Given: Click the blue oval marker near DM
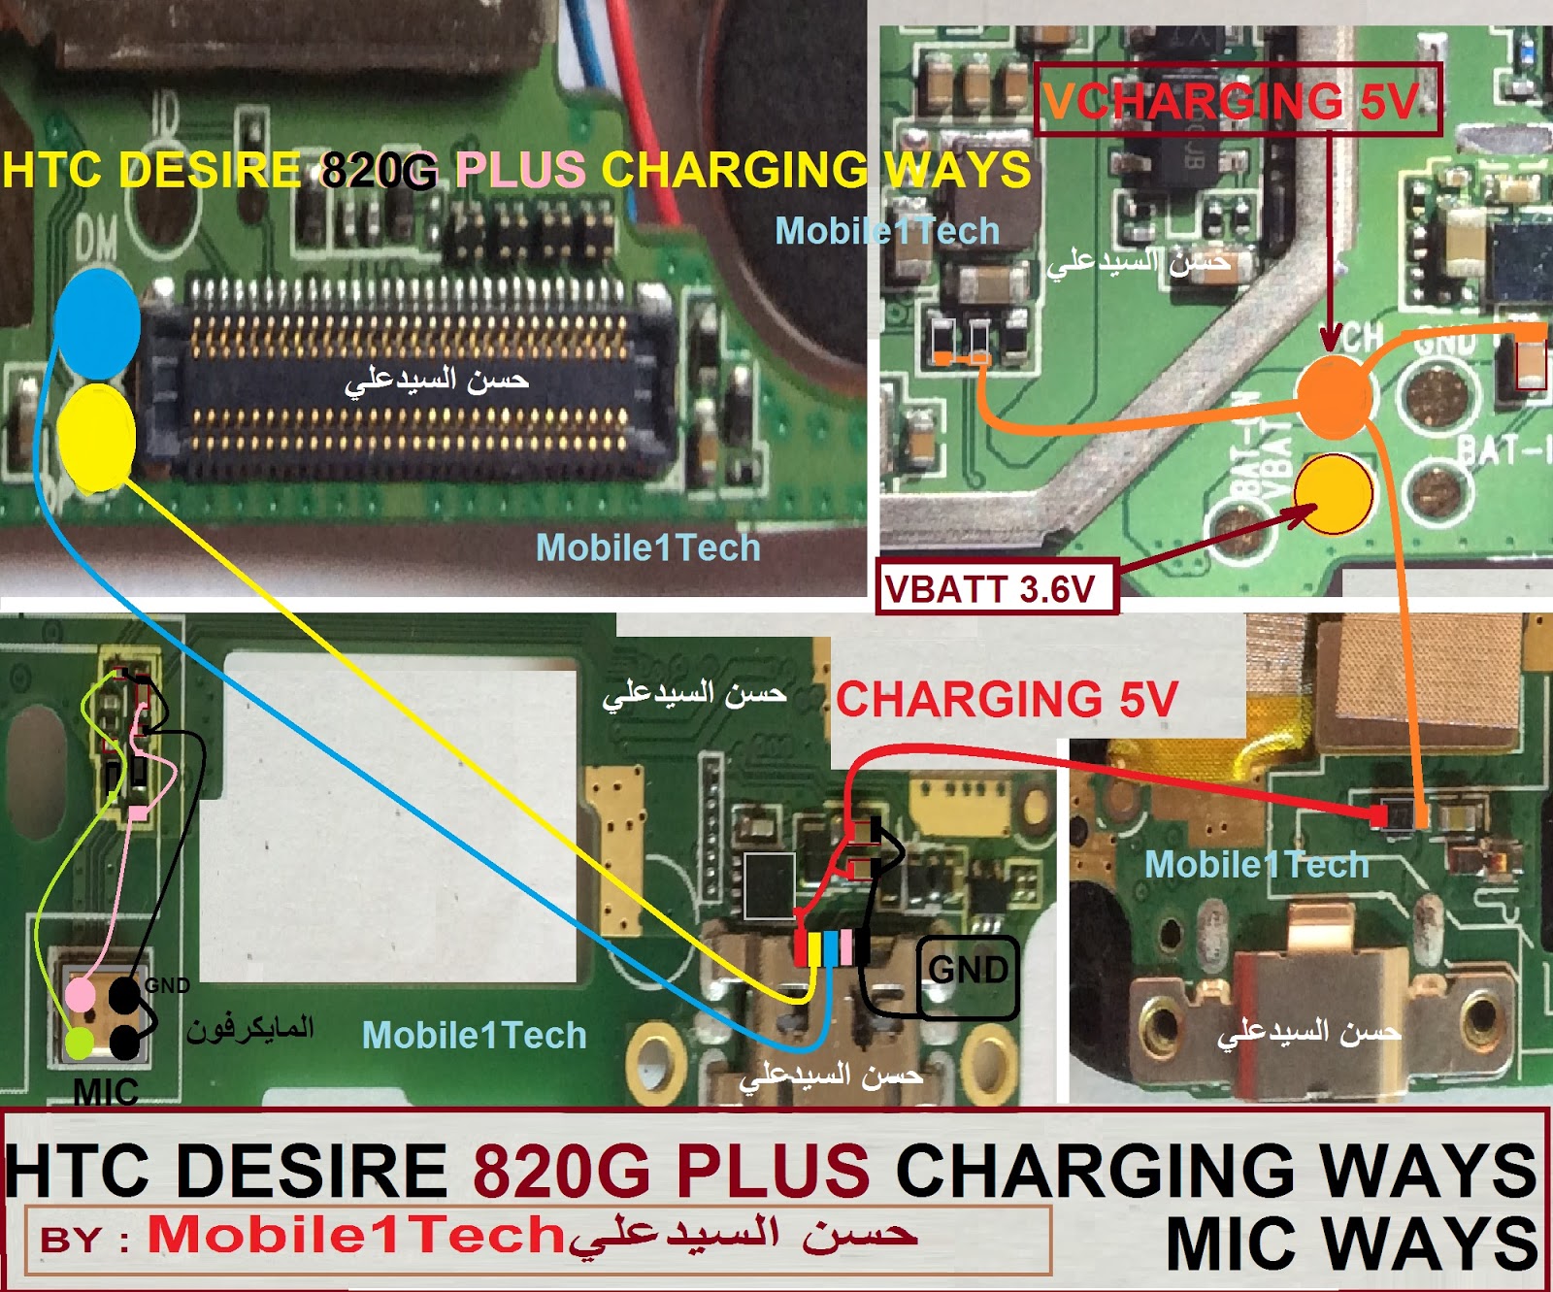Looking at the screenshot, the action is pos(96,323).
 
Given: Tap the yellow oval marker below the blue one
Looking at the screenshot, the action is pos(96,436).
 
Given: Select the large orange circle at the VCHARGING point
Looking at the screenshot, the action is pos(1336,396).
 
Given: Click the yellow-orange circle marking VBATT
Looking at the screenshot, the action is pos(1334,494).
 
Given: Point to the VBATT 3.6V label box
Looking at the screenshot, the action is pos(997,588).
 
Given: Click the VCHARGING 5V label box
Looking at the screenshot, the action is pos(1237,100).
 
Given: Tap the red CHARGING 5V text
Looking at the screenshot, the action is pos(1007,700).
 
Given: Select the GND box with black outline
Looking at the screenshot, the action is pos(968,976).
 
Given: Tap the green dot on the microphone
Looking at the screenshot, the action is pos(80,1044).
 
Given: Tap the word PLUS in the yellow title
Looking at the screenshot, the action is pos(520,170).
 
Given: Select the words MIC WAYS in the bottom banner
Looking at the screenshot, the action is pos(1351,1243).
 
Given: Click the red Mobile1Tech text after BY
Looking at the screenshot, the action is pos(355,1236).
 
